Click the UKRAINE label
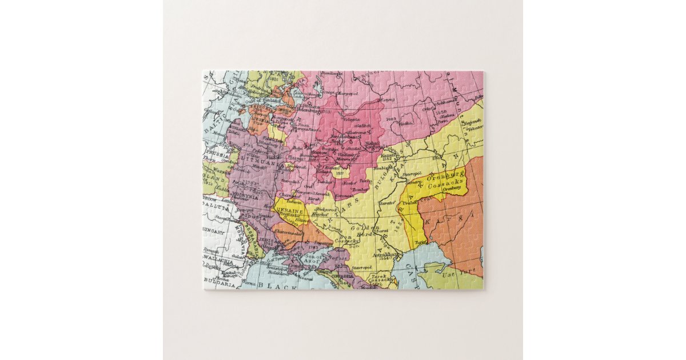click(289, 210)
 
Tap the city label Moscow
click(319, 153)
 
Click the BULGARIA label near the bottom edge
click(217, 283)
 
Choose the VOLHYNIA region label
click(247, 195)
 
